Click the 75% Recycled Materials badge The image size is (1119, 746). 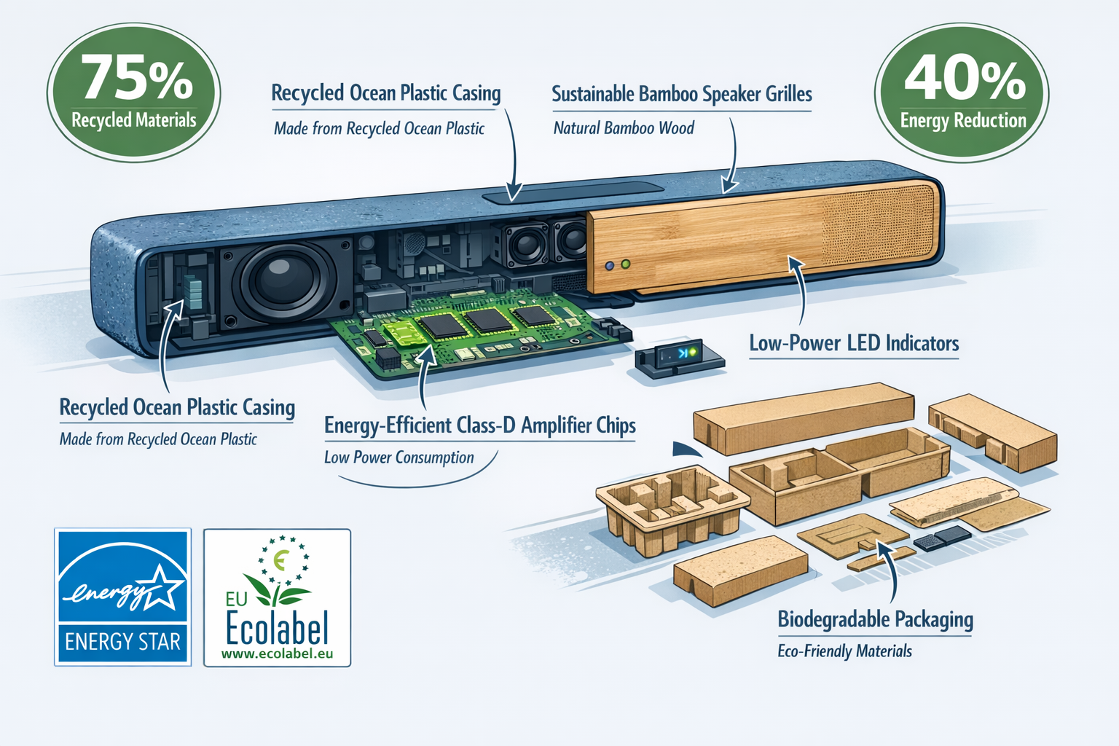[134, 93]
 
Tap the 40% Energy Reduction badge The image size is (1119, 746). [962, 93]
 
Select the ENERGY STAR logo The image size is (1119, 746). [123, 597]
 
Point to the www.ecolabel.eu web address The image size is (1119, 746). [277, 653]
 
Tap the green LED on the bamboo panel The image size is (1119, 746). [625, 264]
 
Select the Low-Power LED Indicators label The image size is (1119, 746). [854, 343]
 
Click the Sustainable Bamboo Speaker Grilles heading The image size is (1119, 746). [681, 94]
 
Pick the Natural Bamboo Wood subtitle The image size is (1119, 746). [624, 128]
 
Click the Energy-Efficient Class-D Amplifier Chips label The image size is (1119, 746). [479, 425]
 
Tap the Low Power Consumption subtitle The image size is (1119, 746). [398, 458]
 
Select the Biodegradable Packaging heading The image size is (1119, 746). [875, 619]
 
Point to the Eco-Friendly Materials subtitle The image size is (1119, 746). [844, 651]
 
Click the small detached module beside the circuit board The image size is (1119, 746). [678, 356]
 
